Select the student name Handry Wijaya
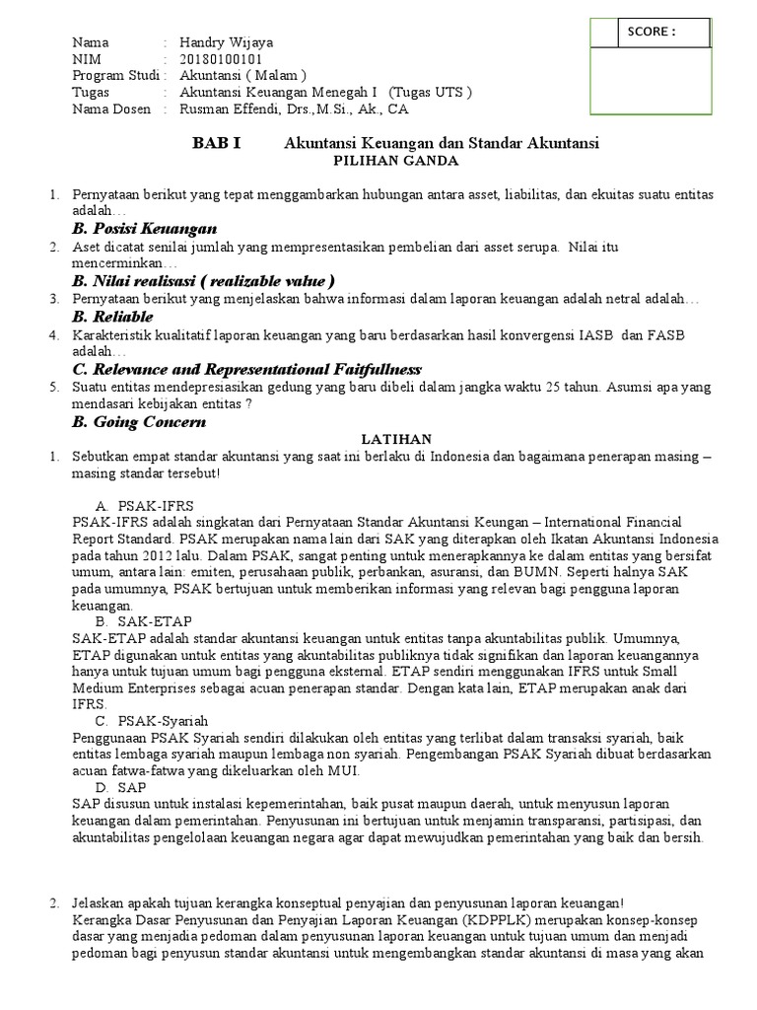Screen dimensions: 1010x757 coord(226,43)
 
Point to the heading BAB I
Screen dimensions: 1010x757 coord(216,143)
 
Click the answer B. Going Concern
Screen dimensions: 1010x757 coord(139,421)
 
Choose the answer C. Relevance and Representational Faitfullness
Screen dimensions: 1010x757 coord(247,368)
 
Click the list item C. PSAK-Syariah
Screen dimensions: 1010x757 coord(152,721)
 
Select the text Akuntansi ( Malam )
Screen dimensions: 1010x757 coord(242,76)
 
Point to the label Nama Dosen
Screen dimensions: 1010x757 coord(108,108)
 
